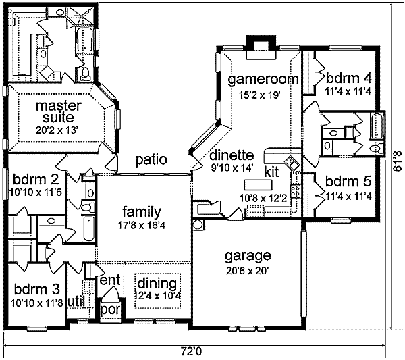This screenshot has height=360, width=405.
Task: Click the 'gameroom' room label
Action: tap(263, 79)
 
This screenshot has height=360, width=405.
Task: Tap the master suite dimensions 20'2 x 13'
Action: tap(57, 130)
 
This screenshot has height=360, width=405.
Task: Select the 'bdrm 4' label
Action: tap(349, 78)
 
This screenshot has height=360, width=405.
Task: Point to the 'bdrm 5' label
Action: tap(348, 181)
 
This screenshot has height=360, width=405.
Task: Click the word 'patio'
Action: tap(151, 159)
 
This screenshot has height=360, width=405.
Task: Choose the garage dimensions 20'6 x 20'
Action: tap(248, 271)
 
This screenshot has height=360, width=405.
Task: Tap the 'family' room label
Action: tap(142, 211)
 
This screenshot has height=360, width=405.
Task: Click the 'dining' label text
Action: tap(157, 284)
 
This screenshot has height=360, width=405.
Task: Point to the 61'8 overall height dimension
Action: tap(398, 161)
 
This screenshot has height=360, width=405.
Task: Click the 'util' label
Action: tap(76, 301)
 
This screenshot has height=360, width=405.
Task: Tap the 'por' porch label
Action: tap(111, 309)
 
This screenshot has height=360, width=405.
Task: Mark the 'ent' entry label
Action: tap(110, 280)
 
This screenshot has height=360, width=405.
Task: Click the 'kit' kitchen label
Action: tap(271, 172)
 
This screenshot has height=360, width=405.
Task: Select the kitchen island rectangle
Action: tap(259, 185)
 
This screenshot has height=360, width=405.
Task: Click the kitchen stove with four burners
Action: tap(296, 191)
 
